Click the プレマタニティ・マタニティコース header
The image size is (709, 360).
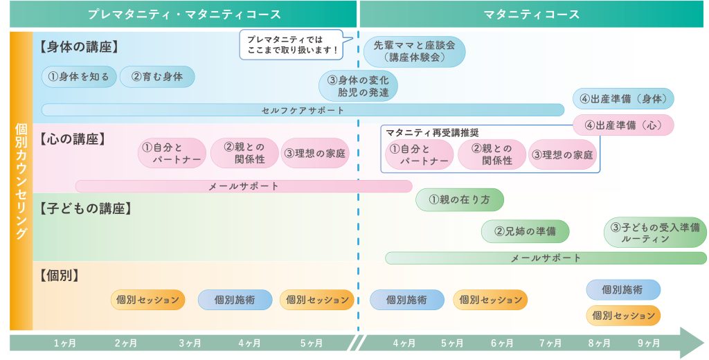(183, 14)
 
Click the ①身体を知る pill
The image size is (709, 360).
(79, 77)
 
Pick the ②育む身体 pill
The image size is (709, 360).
(157, 77)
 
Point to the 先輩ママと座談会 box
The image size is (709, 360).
(414, 51)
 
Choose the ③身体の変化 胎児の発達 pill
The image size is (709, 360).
(358, 85)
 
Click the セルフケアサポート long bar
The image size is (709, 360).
(303, 110)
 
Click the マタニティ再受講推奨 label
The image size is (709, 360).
(433, 132)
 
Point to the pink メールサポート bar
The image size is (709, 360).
(243, 186)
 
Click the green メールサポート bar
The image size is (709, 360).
(546, 258)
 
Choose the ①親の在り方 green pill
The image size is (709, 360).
(459, 200)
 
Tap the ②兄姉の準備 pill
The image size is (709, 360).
(525, 231)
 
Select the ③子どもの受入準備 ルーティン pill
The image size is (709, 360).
(655, 233)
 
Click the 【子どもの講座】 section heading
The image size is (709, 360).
(86, 208)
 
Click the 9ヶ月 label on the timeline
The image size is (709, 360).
(649, 343)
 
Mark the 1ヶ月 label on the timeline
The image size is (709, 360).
(65, 343)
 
